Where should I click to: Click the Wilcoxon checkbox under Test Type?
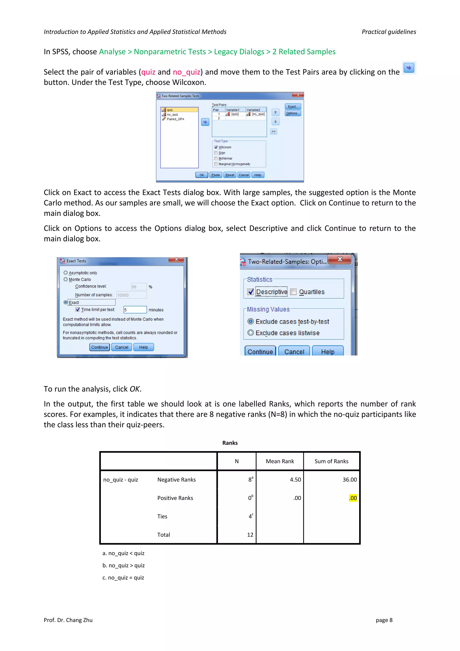tap(216, 147)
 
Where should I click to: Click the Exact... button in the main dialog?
tap(293, 107)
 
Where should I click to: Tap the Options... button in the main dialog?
tap(293, 113)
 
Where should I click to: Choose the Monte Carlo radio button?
tap(66, 279)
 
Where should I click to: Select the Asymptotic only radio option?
tap(66, 273)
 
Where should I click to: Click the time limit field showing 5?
tap(135, 310)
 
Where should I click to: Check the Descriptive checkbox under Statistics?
tap(250, 292)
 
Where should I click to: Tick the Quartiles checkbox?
tap(293, 292)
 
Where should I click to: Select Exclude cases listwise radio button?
tap(251, 333)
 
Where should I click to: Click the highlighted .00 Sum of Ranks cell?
tap(353, 498)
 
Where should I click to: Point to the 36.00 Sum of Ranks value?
tap(349, 480)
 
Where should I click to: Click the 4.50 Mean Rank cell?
tap(295, 480)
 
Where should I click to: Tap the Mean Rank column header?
tap(280, 461)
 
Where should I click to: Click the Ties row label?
tap(162, 517)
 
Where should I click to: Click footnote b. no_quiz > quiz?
tap(124, 566)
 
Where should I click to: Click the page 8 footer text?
tap(384, 620)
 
